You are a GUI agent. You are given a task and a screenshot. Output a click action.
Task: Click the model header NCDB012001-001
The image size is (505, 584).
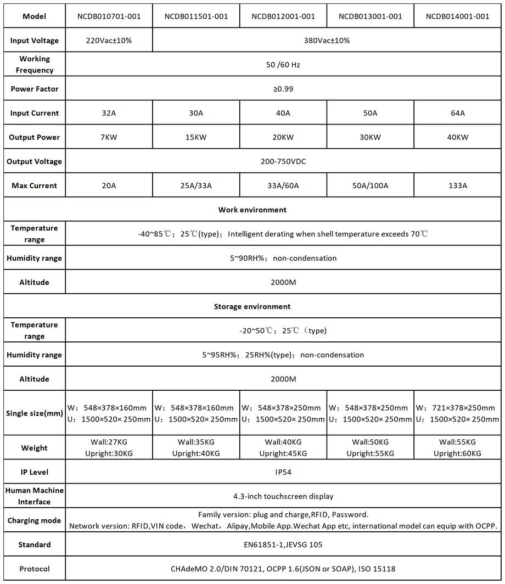click(x=283, y=16)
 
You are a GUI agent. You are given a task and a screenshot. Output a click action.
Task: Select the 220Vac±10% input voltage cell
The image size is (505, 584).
click(x=109, y=41)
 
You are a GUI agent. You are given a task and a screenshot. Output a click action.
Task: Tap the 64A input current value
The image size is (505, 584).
click(x=457, y=113)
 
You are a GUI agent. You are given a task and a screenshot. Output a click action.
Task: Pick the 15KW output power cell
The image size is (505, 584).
click(x=196, y=137)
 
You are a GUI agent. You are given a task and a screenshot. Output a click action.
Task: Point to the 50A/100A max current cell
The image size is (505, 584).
click(x=370, y=186)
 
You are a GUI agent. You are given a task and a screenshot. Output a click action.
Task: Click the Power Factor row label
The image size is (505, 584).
click(x=35, y=89)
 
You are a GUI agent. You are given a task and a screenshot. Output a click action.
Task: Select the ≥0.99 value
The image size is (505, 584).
click(x=283, y=89)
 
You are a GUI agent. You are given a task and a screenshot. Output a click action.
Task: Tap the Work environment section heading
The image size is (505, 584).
click(x=252, y=210)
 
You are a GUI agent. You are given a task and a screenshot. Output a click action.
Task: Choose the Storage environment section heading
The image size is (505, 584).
click(x=252, y=306)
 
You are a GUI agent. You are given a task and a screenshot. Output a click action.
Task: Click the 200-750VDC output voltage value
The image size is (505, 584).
click(x=283, y=161)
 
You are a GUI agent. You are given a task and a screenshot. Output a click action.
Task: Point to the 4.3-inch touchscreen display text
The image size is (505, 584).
click(x=283, y=496)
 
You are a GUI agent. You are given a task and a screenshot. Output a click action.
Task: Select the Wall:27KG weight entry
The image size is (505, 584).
click(x=109, y=442)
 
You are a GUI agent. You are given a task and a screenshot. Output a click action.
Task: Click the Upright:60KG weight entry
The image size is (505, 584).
click(x=457, y=454)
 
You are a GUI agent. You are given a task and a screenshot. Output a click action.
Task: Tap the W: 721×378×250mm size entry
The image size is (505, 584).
click(x=457, y=408)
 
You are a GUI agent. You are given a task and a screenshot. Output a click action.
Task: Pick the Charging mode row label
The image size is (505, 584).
click(x=35, y=520)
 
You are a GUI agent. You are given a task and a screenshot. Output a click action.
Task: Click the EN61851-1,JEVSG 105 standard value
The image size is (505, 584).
click(x=283, y=544)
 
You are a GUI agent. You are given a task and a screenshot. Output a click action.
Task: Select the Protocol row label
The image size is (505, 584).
click(x=35, y=569)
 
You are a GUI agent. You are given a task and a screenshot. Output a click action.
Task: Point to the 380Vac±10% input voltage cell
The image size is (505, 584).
click(x=327, y=41)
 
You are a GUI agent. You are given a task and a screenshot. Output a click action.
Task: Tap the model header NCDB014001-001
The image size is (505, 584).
click(x=457, y=16)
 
